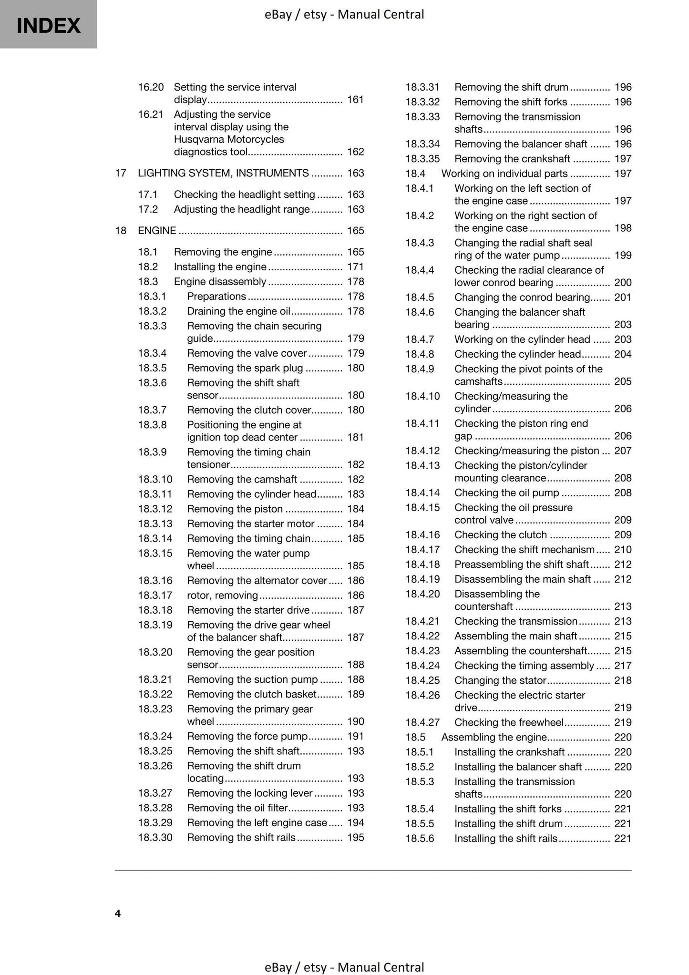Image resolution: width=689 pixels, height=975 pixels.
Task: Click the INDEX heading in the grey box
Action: [x=48, y=26]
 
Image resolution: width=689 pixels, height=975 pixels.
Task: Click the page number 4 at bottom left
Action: [x=118, y=913]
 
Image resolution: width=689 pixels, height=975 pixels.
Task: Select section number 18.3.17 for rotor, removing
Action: [x=155, y=595]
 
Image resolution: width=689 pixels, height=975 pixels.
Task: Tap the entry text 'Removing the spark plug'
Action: [x=245, y=368]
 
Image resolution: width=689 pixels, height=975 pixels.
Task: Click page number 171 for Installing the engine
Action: [x=355, y=267]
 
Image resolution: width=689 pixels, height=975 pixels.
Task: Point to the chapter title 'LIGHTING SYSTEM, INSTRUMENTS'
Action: [x=223, y=173]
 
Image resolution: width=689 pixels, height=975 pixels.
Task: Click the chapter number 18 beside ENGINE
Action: [x=121, y=231]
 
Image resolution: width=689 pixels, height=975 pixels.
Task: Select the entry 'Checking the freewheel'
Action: [x=509, y=722]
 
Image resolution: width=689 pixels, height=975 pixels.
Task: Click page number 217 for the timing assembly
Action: [x=623, y=666]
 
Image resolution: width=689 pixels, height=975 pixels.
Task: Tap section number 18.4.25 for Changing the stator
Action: [x=422, y=680]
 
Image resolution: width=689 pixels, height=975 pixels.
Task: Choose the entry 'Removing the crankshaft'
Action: [x=512, y=159]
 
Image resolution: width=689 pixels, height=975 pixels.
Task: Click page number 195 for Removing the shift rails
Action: [x=355, y=837]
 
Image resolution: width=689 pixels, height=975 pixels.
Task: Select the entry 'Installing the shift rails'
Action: [x=505, y=838]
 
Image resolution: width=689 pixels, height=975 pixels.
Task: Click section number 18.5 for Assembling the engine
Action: [x=415, y=737]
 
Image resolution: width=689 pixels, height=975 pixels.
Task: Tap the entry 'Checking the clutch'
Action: [x=501, y=534]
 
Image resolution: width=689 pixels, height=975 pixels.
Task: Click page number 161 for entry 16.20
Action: [x=355, y=100]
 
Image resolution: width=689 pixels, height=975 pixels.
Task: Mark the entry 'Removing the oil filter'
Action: [x=237, y=808]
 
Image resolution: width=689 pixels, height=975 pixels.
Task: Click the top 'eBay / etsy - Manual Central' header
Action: [x=344, y=14]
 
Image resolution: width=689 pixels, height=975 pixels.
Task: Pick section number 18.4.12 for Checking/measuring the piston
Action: [x=422, y=451]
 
